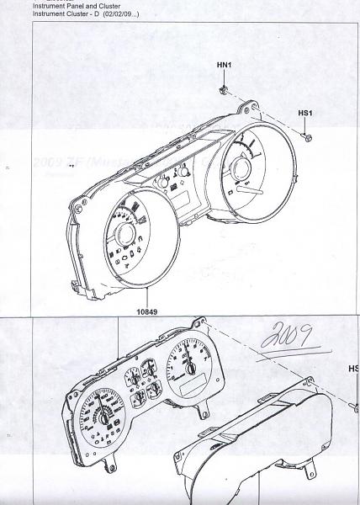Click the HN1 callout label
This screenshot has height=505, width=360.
click(x=224, y=65)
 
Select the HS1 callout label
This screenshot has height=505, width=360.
click(x=306, y=112)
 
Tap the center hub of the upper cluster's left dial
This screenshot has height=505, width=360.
click(x=127, y=237)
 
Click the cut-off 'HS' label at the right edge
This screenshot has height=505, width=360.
click(x=353, y=369)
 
